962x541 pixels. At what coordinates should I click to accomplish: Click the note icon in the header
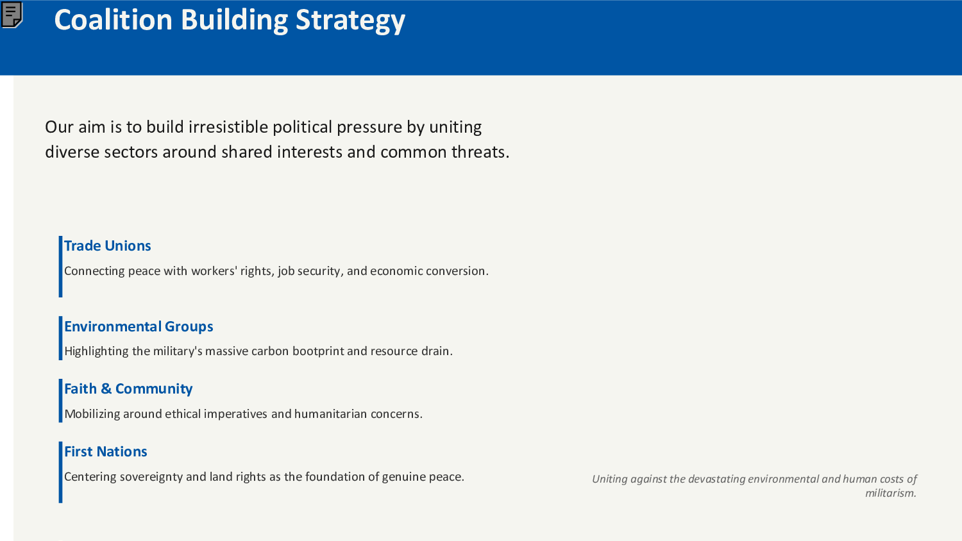[12, 15]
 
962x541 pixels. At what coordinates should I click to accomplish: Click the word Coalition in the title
[113, 20]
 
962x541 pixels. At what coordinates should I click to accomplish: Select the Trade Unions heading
[107, 246]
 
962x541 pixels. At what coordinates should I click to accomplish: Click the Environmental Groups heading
[139, 327]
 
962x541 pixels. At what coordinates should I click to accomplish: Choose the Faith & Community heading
[128, 389]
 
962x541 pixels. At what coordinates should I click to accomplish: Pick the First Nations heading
[106, 452]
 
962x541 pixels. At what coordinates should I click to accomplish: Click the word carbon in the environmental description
[269, 351]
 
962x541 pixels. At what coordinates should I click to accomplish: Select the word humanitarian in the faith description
[330, 414]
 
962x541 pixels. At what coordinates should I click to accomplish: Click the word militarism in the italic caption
[890, 493]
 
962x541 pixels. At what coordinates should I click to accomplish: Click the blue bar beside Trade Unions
[60, 267]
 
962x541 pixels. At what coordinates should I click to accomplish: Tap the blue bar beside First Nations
[60, 472]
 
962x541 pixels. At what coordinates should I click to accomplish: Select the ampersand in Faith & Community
[106, 389]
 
